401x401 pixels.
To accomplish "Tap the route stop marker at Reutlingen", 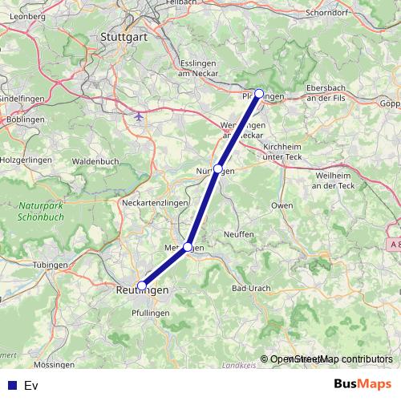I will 142,285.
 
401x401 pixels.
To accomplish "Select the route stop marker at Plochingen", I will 259,94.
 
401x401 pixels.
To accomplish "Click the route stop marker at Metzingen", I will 188,247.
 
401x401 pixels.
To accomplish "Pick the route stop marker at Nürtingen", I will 218,169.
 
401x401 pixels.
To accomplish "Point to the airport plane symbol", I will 140,116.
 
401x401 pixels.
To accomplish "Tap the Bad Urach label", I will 250,287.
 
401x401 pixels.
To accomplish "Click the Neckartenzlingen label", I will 154,204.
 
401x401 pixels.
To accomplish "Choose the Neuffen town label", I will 239,233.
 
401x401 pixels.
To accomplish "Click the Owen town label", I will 282,205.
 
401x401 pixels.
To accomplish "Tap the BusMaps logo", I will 362,384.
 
